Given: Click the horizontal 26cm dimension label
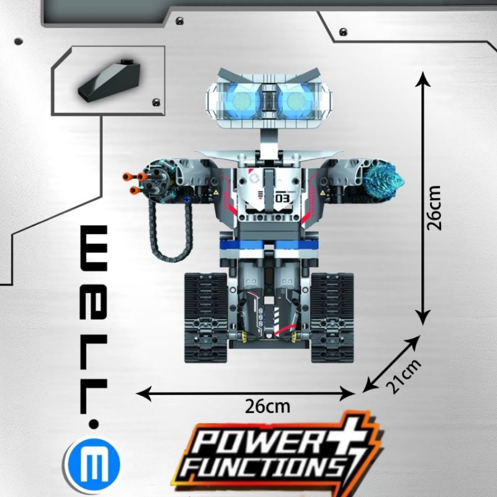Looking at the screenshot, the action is [x=267, y=407].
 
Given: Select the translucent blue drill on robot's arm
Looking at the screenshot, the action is [x=386, y=178].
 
